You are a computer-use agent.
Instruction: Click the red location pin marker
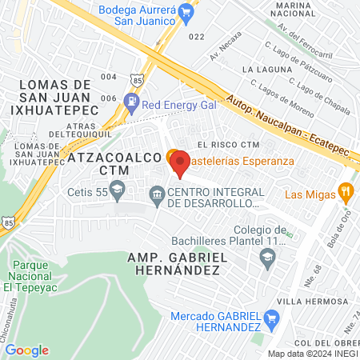click(180, 163)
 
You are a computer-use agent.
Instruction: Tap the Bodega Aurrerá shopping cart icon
click(186, 12)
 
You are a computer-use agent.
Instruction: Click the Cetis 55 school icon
click(118, 190)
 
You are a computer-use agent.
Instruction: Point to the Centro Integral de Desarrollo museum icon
click(157, 192)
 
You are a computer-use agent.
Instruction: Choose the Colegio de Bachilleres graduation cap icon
click(267, 257)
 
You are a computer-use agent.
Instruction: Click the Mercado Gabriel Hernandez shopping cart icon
click(274, 322)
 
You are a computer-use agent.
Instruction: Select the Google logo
click(27, 350)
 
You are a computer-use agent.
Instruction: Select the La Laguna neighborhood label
click(264, 71)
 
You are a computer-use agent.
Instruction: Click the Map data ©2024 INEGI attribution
click(313, 354)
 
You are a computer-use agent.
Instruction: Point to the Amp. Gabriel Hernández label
click(173, 264)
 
